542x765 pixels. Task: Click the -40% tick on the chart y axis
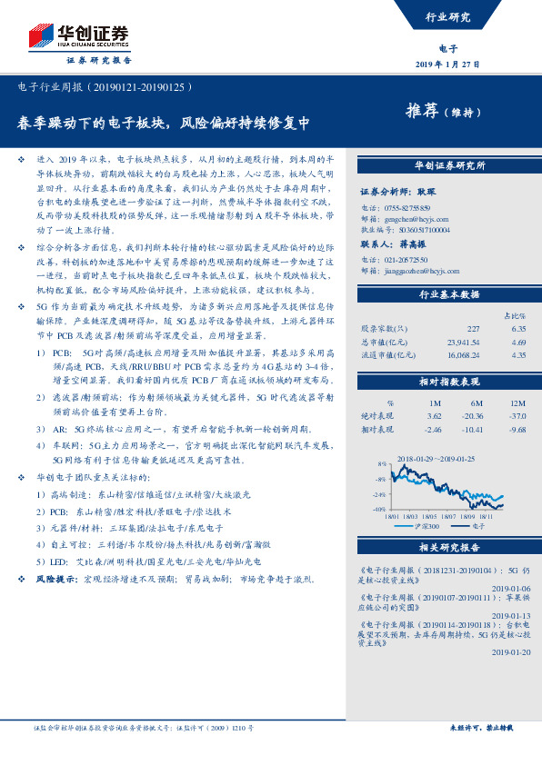coord(378,510)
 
